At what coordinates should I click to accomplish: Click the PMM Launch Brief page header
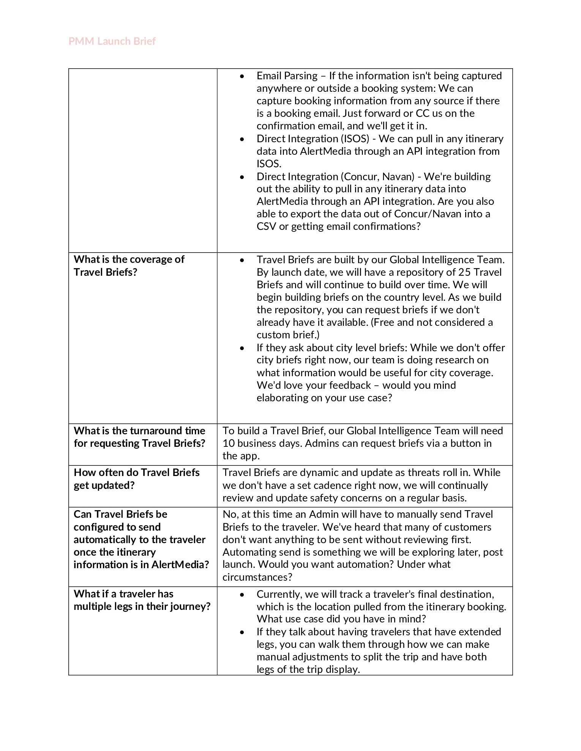tap(112, 41)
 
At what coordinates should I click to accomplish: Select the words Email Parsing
tap(287, 76)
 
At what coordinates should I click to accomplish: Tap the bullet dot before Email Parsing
tap(242, 76)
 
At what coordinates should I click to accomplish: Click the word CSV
tap(266, 226)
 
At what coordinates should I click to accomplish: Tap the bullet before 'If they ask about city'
tap(242, 348)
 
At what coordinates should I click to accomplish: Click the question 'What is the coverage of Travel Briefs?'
tap(129, 266)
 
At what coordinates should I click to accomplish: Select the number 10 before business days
tap(229, 443)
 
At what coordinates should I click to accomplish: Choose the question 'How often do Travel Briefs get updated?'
tap(136, 479)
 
